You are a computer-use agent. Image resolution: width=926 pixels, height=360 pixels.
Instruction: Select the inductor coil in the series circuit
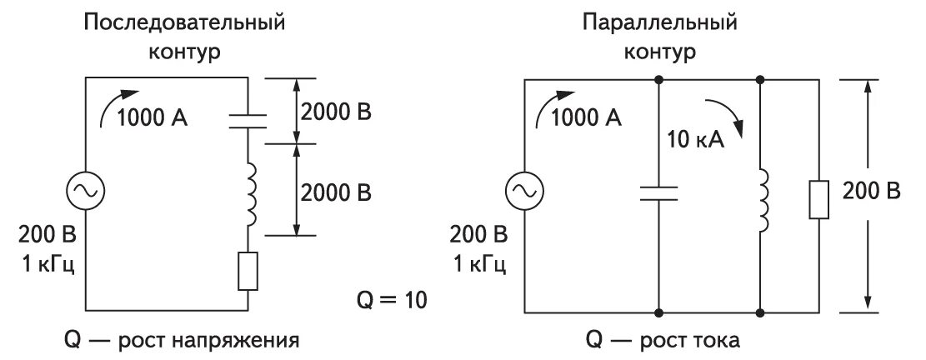(x=248, y=193)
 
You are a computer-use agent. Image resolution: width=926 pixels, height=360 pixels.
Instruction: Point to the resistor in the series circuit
(x=248, y=270)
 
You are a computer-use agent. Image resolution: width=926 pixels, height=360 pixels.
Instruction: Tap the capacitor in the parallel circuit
(x=658, y=193)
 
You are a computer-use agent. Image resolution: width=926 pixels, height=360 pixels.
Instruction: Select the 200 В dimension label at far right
(x=871, y=191)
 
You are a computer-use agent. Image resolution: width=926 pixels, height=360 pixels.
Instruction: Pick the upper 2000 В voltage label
(x=336, y=112)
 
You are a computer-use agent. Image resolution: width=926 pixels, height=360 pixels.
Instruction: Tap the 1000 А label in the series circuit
(x=153, y=117)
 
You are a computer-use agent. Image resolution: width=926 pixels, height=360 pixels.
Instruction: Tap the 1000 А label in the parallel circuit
(x=587, y=117)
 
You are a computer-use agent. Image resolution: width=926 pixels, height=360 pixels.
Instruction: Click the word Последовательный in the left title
(x=184, y=22)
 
